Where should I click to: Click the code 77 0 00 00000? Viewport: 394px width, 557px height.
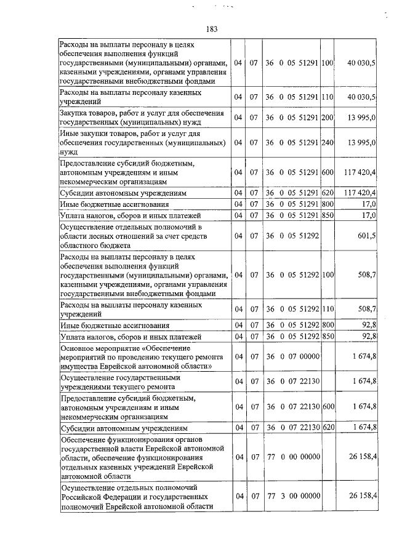point(292,458)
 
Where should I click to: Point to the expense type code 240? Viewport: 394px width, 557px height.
point(328,142)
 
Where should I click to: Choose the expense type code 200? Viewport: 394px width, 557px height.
point(328,118)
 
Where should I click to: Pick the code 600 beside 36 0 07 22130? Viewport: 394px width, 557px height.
point(328,407)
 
